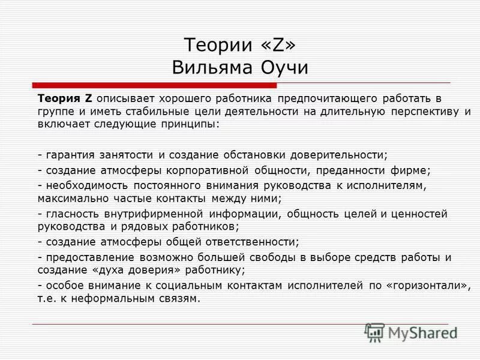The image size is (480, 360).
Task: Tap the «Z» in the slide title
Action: click(274, 45)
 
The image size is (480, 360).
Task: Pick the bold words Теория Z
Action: click(65, 98)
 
